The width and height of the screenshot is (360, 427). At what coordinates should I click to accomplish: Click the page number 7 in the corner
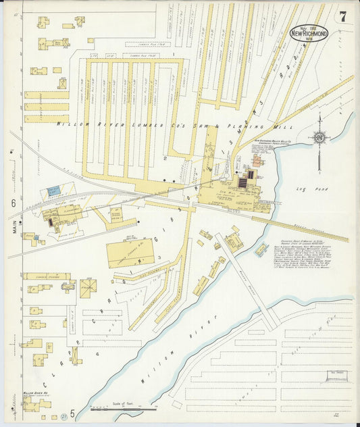[x=342, y=17]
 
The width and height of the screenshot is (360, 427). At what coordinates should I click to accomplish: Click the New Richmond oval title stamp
[x=309, y=32]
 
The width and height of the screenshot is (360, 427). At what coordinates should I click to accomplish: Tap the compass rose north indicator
[x=319, y=136]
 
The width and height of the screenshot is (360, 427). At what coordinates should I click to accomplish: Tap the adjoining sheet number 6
[x=13, y=203]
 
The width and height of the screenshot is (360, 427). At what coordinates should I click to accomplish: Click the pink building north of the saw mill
[x=257, y=161]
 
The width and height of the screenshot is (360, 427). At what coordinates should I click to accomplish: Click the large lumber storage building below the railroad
[x=130, y=253]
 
